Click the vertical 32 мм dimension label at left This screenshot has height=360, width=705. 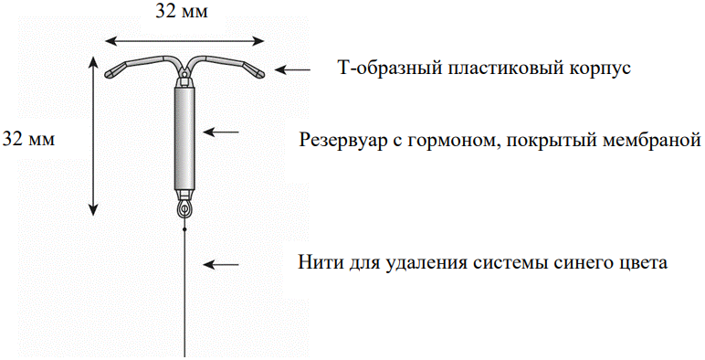point(29,140)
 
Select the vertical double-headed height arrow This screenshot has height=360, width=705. point(93,134)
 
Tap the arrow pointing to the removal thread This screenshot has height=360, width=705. point(220,265)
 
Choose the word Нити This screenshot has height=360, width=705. point(318,263)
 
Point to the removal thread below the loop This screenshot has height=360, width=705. point(185,292)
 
